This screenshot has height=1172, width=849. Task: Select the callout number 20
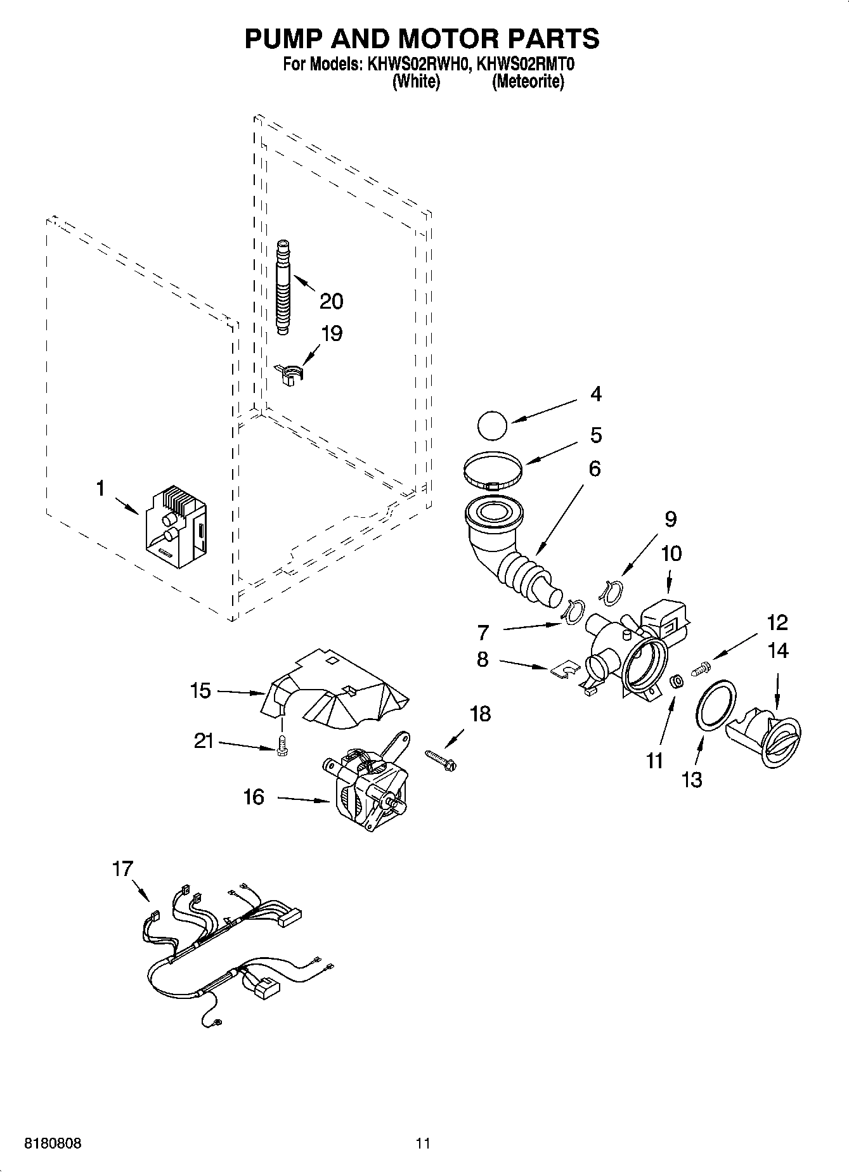tap(331, 300)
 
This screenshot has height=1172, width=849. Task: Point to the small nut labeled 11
tap(677, 682)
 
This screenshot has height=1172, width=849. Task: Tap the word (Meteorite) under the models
tap(528, 82)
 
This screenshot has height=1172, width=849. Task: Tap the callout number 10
tap(671, 553)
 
